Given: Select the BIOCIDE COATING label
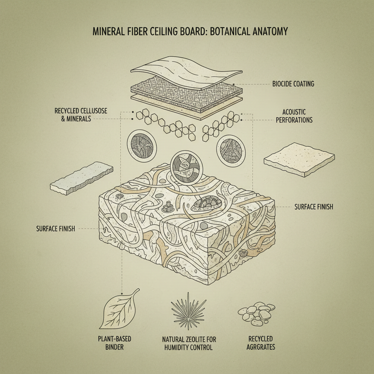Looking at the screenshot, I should [x=293, y=84].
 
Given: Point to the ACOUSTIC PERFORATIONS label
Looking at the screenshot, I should [x=294, y=115].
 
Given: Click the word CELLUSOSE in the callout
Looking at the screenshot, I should [x=93, y=111].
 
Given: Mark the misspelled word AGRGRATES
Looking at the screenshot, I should [x=261, y=347].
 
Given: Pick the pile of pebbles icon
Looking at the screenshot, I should [x=256, y=313].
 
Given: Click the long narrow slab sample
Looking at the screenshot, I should [x=81, y=179].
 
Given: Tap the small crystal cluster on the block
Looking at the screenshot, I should [x=167, y=208].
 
